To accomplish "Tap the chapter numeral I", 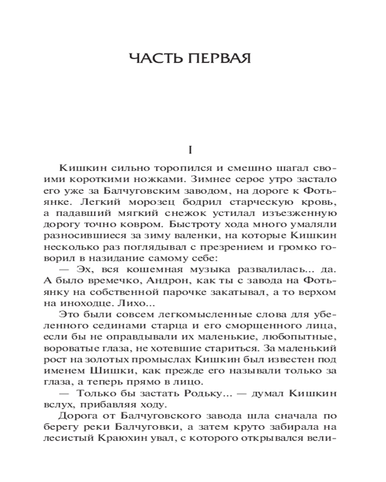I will click(191, 150).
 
